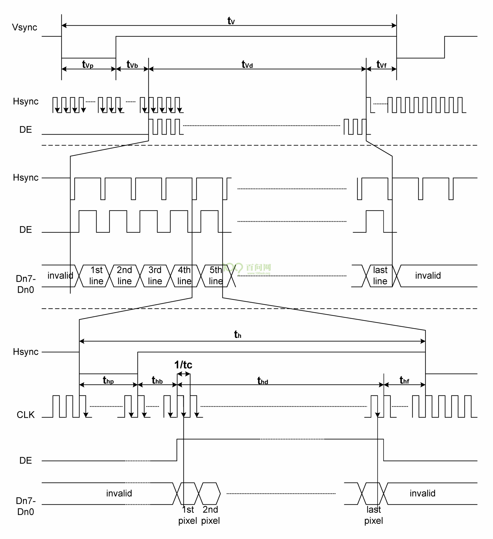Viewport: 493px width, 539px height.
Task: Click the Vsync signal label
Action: (24, 27)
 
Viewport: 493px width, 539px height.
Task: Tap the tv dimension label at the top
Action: (231, 21)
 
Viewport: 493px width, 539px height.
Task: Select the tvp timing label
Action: (87, 64)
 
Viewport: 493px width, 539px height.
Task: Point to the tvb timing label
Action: (132, 64)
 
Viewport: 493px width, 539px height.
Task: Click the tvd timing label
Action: (247, 64)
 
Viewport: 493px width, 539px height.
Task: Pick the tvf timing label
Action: (381, 64)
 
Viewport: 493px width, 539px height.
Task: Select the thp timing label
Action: (108, 380)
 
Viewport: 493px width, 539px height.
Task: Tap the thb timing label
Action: (157, 380)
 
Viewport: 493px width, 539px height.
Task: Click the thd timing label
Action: (262, 381)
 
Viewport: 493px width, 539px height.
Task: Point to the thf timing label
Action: (404, 380)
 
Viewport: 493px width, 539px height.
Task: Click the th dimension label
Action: (238, 334)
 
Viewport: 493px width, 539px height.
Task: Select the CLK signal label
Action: (25, 415)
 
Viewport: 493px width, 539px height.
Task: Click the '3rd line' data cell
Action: (155, 276)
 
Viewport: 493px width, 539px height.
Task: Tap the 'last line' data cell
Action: (380, 276)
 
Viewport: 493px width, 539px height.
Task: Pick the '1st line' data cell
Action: (96, 276)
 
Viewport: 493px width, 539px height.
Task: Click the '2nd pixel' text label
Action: (210, 515)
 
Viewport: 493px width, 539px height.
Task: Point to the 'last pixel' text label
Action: (373, 515)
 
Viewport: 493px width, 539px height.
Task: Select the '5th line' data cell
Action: (216, 276)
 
